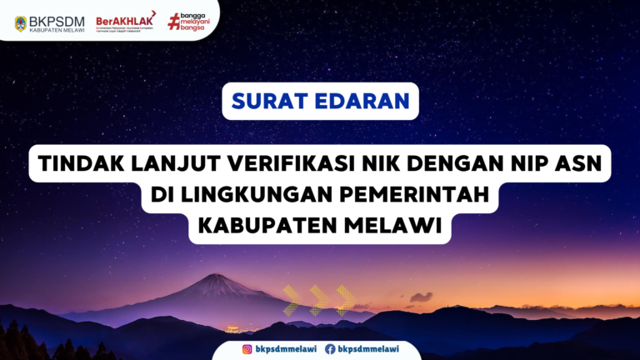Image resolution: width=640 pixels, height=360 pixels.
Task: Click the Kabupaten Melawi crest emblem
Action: point(21,22)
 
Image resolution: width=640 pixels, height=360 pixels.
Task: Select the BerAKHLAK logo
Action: point(125,19)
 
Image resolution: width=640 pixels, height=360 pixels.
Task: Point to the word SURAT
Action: point(269,102)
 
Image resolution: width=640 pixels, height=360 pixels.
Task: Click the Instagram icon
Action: point(247,349)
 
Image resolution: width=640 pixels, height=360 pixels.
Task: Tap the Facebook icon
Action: point(330,349)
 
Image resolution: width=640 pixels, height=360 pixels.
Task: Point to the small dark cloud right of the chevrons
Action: point(421,297)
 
